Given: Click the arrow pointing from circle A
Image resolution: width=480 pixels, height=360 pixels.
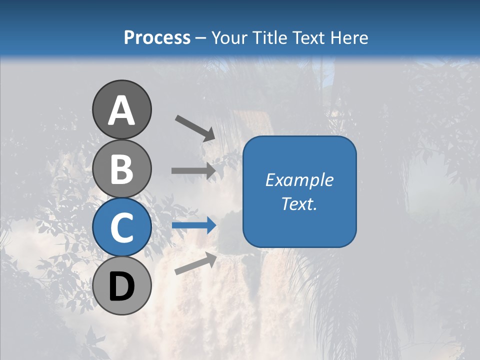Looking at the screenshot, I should pyautogui.click(x=195, y=128).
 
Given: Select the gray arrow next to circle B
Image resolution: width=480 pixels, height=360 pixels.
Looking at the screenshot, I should pyautogui.click(x=193, y=170).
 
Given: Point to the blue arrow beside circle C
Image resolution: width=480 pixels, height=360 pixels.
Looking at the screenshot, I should pyautogui.click(x=194, y=225).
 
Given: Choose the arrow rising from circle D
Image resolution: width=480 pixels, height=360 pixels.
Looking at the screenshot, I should pyautogui.click(x=195, y=263).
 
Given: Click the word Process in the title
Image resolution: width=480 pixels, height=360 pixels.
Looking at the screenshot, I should pyautogui.click(x=157, y=37).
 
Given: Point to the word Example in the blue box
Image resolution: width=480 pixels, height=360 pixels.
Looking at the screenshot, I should pyautogui.click(x=299, y=180).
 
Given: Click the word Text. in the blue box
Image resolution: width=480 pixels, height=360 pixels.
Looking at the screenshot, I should pyautogui.click(x=299, y=203).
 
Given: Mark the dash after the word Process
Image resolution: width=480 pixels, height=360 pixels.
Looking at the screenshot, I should pyautogui.click(x=201, y=38).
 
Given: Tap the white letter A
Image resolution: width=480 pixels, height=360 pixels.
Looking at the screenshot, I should pyautogui.click(x=122, y=110).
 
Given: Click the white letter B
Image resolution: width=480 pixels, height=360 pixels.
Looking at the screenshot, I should pyautogui.click(x=121, y=169).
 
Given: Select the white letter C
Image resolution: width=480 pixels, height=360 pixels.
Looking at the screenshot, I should pyautogui.click(x=121, y=227).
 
